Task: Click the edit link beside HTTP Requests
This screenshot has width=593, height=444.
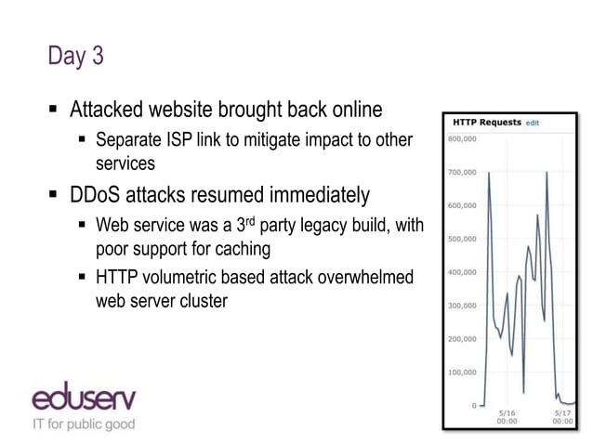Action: click(x=533, y=123)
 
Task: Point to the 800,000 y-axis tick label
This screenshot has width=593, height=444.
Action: click(x=463, y=139)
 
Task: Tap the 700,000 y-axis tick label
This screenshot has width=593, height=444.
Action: click(x=463, y=173)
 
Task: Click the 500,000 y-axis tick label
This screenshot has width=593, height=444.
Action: click(x=463, y=239)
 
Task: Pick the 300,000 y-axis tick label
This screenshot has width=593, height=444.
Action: click(x=463, y=306)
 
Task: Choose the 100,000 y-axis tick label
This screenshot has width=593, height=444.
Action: click(x=463, y=372)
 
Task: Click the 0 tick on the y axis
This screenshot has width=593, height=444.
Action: click(x=474, y=406)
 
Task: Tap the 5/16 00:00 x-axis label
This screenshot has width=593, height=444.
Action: click(x=508, y=417)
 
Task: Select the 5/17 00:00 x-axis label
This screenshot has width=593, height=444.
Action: click(x=563, y=417)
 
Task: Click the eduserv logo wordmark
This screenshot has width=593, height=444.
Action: click(x=84, y=399)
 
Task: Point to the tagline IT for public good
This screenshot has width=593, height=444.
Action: click(x=84, y=424)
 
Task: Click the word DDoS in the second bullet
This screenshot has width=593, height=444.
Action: click(x=100, y=196)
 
